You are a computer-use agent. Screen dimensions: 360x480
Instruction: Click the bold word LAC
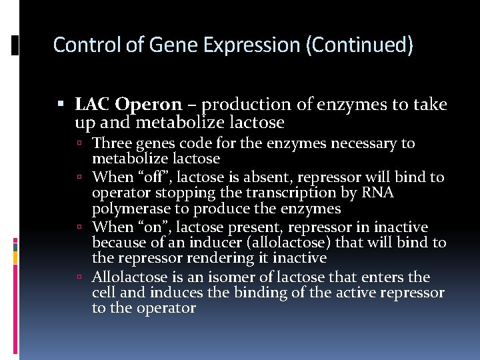click(x=93, y=105)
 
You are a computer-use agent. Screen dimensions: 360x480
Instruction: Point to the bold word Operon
click(x=148, y=105)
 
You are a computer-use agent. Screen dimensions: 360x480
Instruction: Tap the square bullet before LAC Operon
click(x=61, y=105)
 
